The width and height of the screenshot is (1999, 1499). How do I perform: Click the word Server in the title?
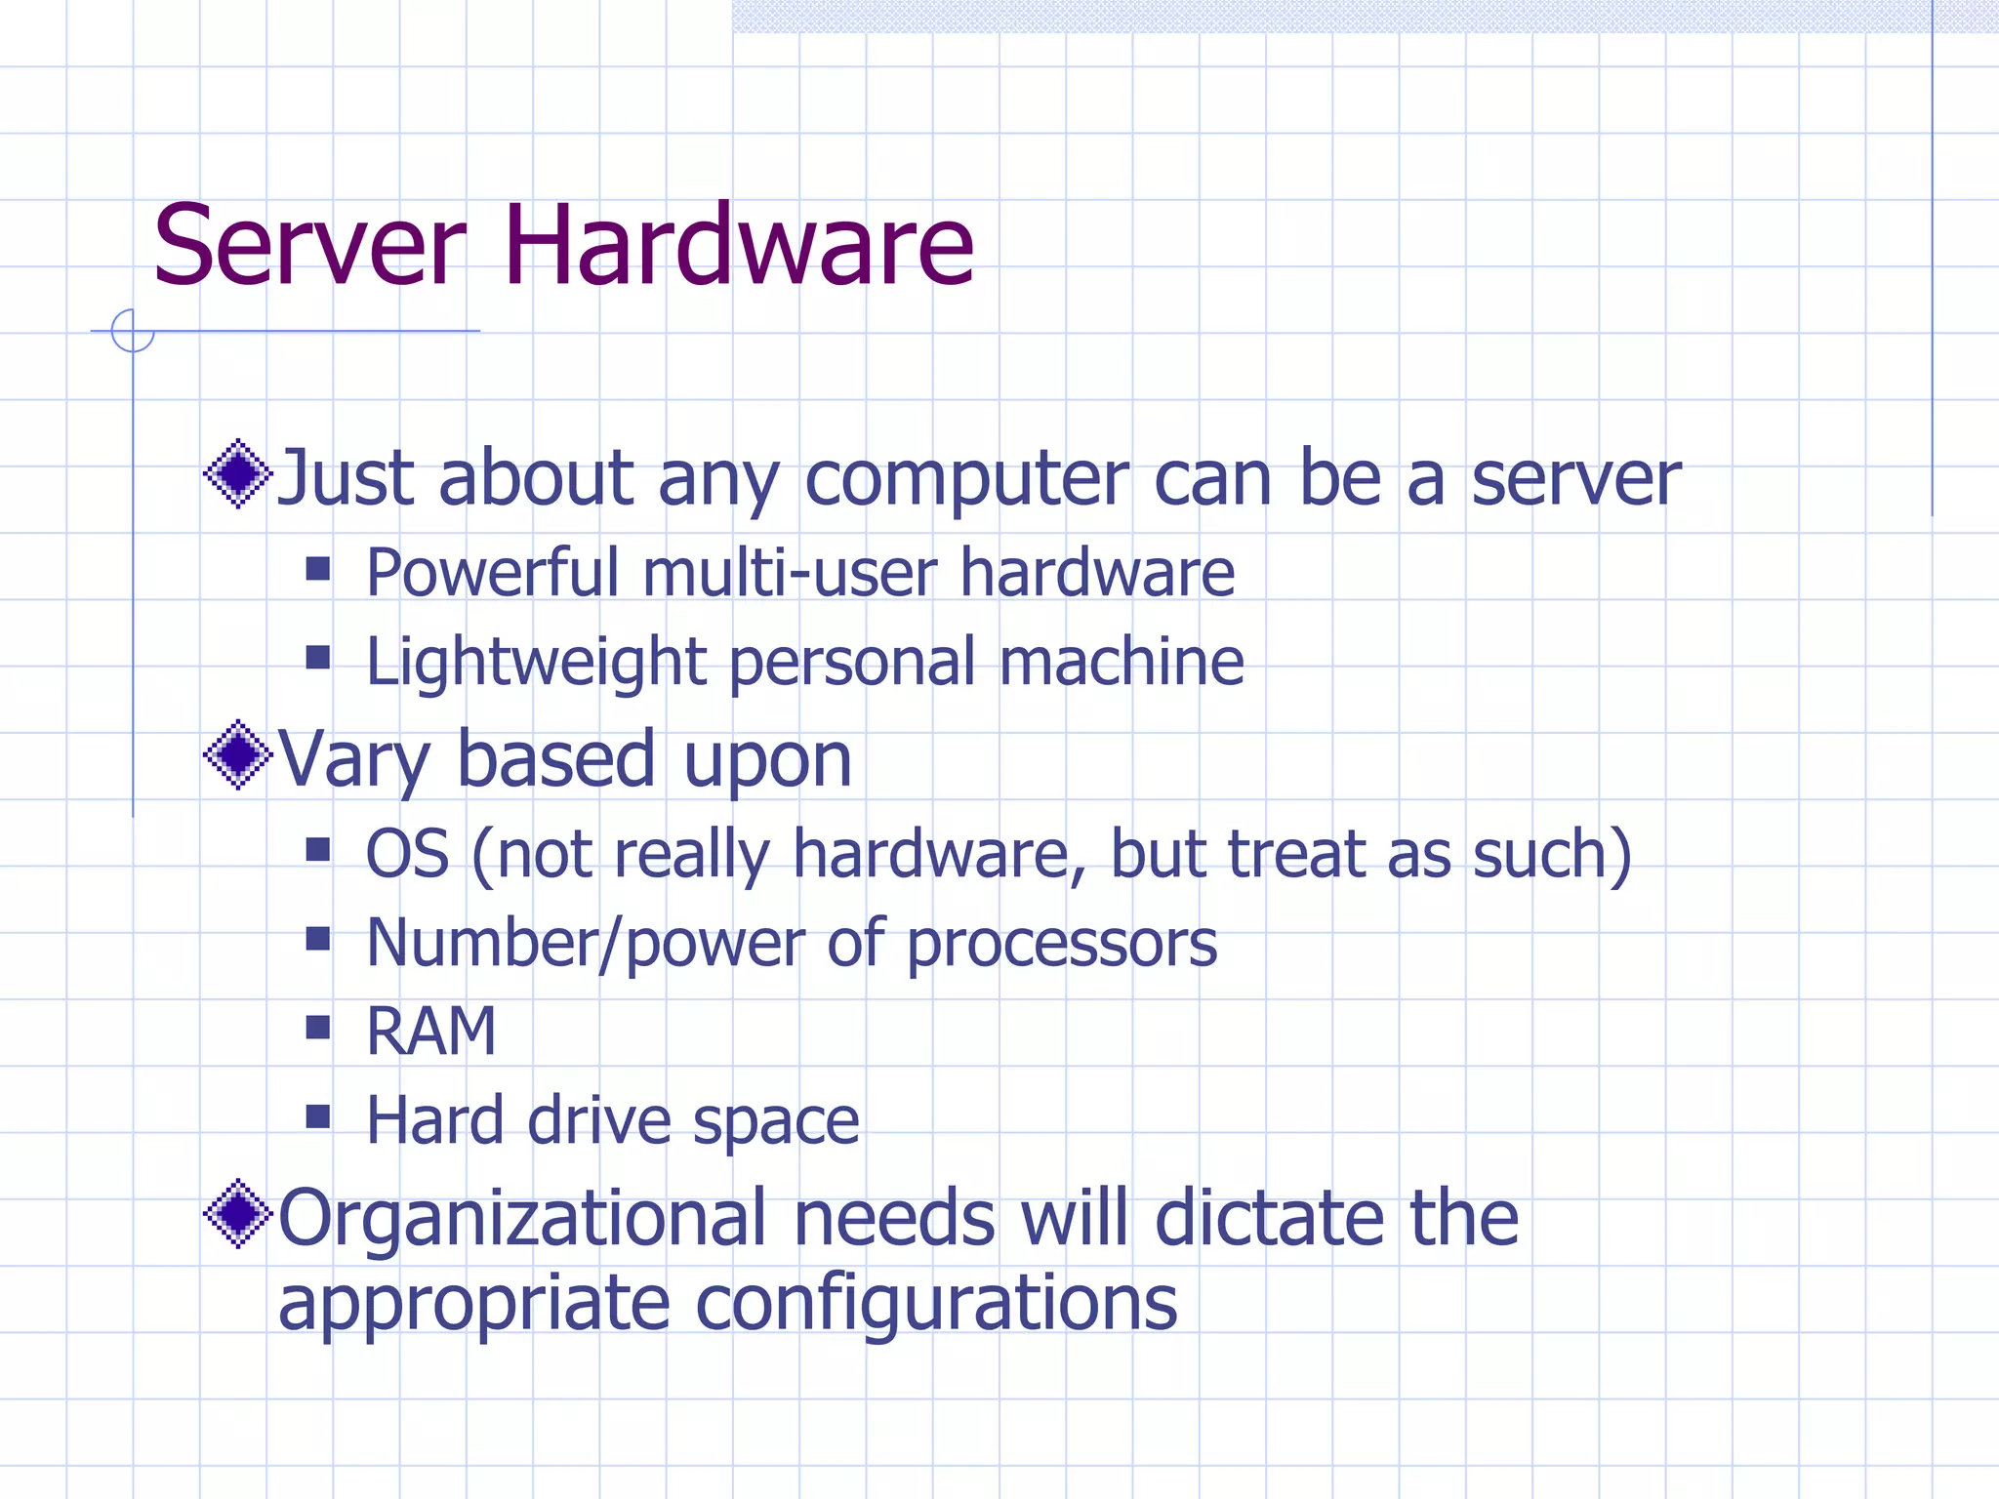(309, 246)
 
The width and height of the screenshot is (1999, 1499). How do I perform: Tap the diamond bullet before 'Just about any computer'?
(237, 474)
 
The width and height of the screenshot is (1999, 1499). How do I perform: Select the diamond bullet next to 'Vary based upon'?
(237, 754)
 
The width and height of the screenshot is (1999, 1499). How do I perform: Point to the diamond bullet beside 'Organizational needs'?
(237, 1214)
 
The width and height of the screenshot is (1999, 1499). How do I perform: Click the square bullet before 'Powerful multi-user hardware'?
(317, 568)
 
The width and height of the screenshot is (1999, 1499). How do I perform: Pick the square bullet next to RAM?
(317, 1027)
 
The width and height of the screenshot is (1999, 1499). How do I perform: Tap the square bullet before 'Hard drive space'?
(317, 1115)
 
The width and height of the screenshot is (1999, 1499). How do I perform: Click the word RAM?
(430, 1031)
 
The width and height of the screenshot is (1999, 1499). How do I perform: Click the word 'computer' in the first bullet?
(966, 480)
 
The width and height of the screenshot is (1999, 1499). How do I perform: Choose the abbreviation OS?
(407, 854)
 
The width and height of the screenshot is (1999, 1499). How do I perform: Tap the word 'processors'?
(1062, 945)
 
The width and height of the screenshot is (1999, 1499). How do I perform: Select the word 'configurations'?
(936, 1305)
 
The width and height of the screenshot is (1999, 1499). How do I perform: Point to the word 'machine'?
(1122, 662)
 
